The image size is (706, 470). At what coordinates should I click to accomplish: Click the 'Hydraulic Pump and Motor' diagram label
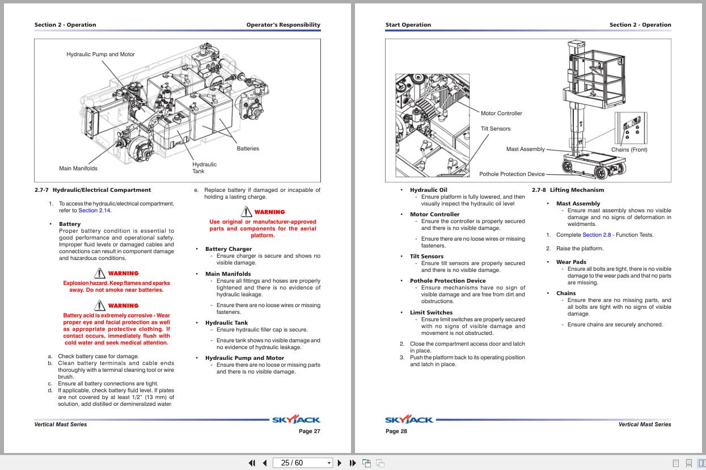click(100, 54)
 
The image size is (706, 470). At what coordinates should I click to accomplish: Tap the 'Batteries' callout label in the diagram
click(248, 149)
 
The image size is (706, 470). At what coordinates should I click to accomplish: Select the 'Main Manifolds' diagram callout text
click(78, 169)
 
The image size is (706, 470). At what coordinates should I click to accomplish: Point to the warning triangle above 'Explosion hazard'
click(100, 273)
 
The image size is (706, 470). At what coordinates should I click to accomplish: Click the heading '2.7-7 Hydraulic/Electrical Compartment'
click(92, 190)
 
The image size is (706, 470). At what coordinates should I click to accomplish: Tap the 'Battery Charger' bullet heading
click(228, 249)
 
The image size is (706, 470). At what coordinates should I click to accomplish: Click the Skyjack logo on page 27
click(296, 420)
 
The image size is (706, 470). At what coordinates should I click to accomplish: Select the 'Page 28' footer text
click(396, 431)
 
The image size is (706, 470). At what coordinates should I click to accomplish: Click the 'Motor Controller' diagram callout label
click(501, 114)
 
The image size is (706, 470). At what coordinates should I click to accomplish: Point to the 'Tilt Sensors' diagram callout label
click(496, 129)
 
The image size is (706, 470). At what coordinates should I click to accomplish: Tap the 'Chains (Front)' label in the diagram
click(629, 150)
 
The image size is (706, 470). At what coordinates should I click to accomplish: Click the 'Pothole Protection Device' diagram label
click(511, 174)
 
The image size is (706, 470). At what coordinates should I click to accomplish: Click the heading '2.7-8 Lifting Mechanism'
click(568, 190)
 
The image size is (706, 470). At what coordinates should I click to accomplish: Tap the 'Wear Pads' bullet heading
click(571, 262)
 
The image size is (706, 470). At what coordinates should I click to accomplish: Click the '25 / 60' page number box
click(292, 463)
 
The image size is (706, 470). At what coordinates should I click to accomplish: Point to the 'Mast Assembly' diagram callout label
click(525, 149)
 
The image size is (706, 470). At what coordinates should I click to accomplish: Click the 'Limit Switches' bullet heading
click(431, 313)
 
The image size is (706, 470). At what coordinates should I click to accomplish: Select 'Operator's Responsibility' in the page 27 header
click(283, 25)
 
